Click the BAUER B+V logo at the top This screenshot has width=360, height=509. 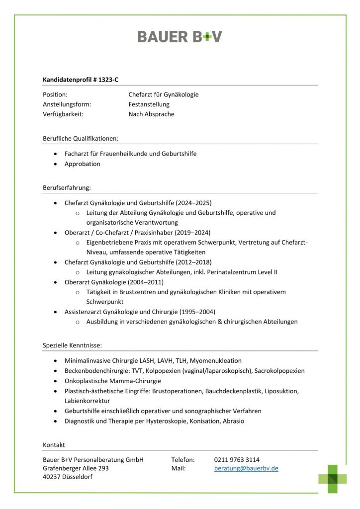pyautogui.click(x=180, y=36)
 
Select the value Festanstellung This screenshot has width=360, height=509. pyautogui.click(x=149, y=104)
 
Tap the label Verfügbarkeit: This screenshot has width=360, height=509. pyautogui.click(x=63, y=114)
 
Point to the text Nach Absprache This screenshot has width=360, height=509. pyautogui.click(x=151, y=114)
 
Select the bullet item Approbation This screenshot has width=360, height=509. pyautogui.click(x=82, y=164)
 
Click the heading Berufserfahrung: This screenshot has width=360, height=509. pyautogui.click(x=67, y=187)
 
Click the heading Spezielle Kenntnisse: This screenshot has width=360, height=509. pyautogui.click(x=73, y=345)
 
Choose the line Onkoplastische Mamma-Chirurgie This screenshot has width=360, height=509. pyautogui.click(x=112, y=381)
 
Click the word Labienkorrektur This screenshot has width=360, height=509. pyautogui.click(x=87, y=401)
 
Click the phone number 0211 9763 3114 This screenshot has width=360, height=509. pyautogui.click(x=237, y=460)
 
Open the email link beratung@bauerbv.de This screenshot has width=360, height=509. pyautogui.click(x=246, y=468)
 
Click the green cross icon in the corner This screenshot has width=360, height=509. pyautogui.click(x=333, y=479)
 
